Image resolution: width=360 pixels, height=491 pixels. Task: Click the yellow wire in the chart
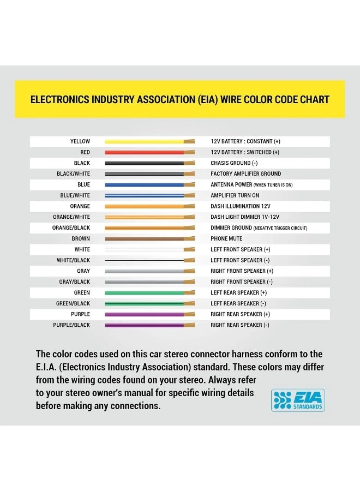point(145,141)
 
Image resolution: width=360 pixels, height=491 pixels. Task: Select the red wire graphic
point(145,152)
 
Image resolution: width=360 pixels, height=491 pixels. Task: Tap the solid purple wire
point(145,314)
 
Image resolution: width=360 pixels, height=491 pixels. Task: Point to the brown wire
point(145,238)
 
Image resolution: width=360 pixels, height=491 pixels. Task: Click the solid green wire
point(145,292)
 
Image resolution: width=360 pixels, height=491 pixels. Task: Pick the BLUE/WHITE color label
point(75,195)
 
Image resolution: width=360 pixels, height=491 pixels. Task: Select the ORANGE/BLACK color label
point(71,227)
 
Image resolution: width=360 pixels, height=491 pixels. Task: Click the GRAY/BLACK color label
point(75,282)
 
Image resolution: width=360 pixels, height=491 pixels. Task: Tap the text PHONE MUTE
point(226,238)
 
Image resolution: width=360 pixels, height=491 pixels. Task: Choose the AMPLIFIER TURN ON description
point(235,195)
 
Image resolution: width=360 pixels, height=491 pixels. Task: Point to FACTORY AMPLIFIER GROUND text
point(246,173)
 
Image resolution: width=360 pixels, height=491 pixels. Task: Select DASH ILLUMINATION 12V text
point(241,206)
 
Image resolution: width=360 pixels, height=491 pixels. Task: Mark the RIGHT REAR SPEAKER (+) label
point(240,314)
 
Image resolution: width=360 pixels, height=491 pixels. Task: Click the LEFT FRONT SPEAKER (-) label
point(240,260)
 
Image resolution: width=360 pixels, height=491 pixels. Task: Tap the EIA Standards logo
point(298,400)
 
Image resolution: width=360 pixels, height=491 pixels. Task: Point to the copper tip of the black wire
point(189,163)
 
